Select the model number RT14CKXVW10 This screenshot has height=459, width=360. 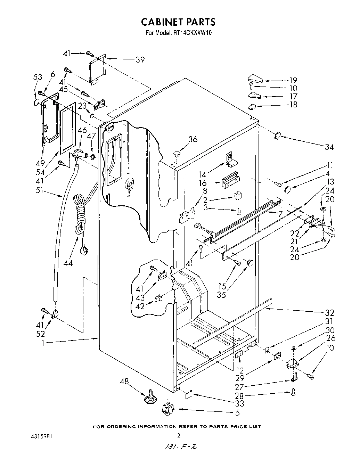pyautogui.click(x=193, y=33)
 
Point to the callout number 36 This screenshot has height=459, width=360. pyautogui.click(x=193, y=139)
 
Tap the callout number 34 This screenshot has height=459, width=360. pyautogui.click(x=329, y=147)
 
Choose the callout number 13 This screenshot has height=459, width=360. pyautogui.click(x=330, y=182)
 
